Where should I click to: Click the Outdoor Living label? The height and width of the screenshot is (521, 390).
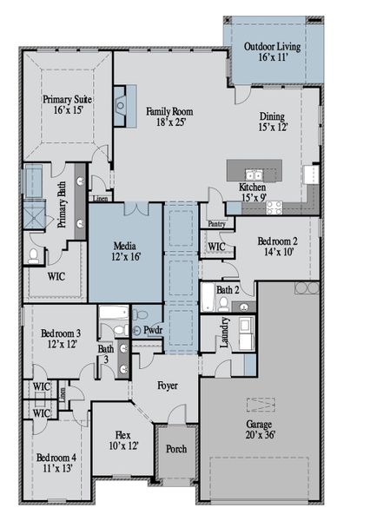point(272,46)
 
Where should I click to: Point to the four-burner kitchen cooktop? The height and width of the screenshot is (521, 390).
point(274,207)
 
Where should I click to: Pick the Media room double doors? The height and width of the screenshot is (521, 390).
point(137,209)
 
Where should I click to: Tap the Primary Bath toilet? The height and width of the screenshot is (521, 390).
point(34,255)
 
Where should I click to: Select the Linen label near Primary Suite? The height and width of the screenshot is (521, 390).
point(100,199)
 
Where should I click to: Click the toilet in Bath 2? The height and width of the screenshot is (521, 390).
point(223,304)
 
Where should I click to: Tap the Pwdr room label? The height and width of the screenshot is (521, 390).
point(153,331)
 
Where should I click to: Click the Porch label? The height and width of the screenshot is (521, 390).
point(176,449)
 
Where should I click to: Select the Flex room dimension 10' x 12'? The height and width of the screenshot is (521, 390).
point(122,446)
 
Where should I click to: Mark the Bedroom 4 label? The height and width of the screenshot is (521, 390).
point(56,457)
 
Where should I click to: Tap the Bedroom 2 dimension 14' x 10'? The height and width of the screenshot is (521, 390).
point(277,252)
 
